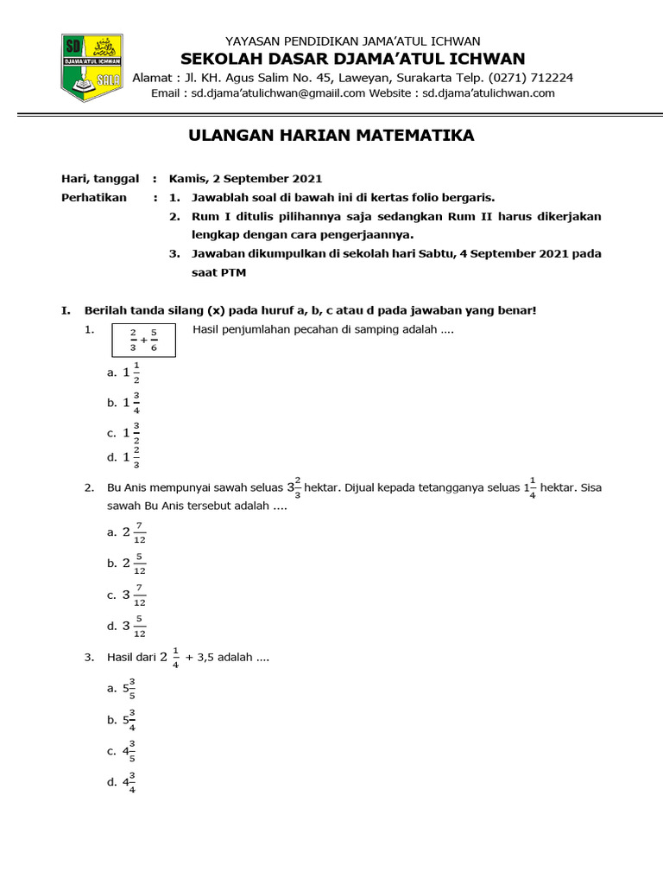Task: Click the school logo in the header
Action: coord(92,67)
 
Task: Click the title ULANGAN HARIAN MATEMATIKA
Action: coord(331,136)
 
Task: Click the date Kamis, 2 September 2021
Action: coord(245,179)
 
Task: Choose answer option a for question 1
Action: coord(124,372)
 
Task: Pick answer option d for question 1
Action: coord(124,457)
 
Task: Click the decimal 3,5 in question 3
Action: coord(212,658)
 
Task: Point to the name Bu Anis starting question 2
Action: coord(128,488)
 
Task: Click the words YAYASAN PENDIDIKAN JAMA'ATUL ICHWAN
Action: coord(352,41)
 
